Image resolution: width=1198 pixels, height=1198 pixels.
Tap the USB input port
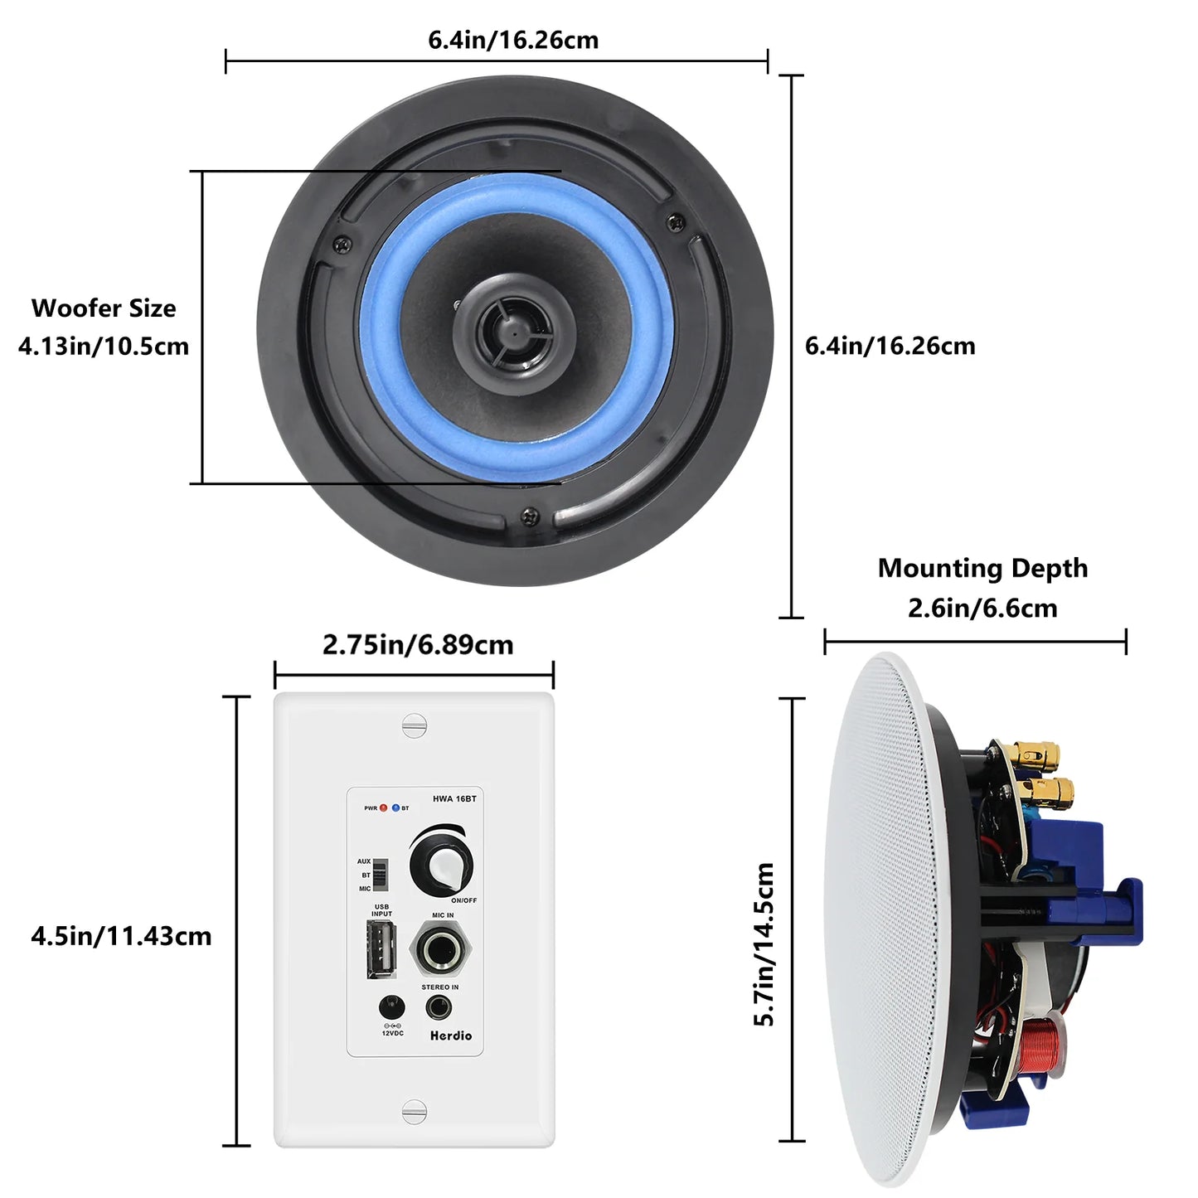381,949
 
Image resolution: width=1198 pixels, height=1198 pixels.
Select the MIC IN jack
441,950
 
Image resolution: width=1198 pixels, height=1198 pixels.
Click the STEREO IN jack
438,1008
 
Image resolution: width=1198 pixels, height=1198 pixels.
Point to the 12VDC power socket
391,1008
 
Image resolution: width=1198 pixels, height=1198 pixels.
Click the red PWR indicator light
383,808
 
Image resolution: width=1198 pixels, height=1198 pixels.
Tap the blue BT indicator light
395,808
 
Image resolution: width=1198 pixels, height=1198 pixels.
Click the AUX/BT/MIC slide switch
381,875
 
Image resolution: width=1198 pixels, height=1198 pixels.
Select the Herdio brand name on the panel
451,1036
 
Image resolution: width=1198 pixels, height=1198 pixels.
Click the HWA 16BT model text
454,799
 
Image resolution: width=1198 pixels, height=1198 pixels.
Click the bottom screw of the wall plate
414,1112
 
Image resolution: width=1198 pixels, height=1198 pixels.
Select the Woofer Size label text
104,308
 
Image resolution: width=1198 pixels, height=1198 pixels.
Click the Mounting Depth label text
982,568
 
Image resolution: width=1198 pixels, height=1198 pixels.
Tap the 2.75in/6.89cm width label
418,645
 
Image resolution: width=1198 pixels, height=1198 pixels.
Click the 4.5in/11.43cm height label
121,936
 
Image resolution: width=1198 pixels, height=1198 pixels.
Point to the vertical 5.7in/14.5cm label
764,944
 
